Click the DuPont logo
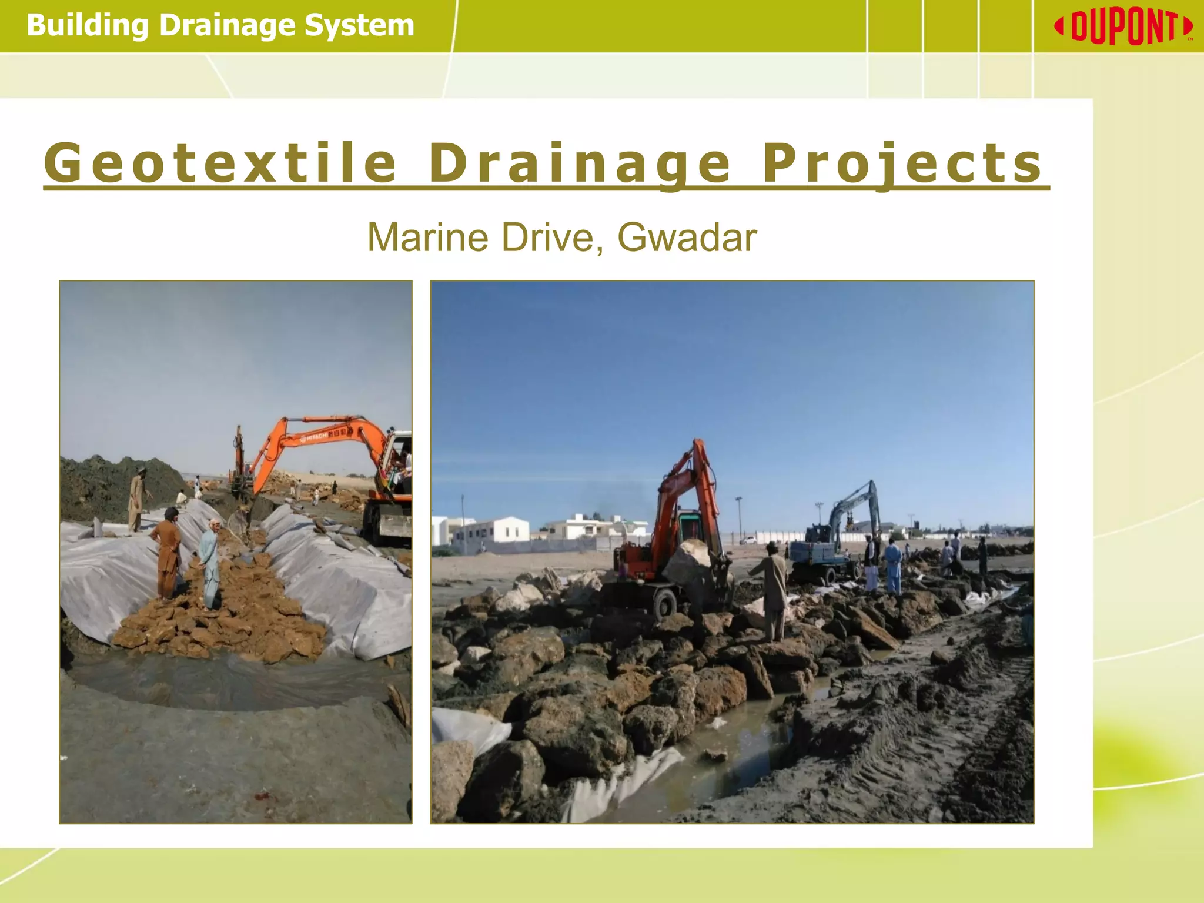pos(1123,27)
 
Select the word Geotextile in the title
pos(221,163)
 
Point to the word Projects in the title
pos(903,163)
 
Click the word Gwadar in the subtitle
pos(687,238)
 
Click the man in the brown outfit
pos(167,553)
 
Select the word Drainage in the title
pos(580,163)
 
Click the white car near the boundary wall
pos(748,539)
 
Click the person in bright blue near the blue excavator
pos(892,567)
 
